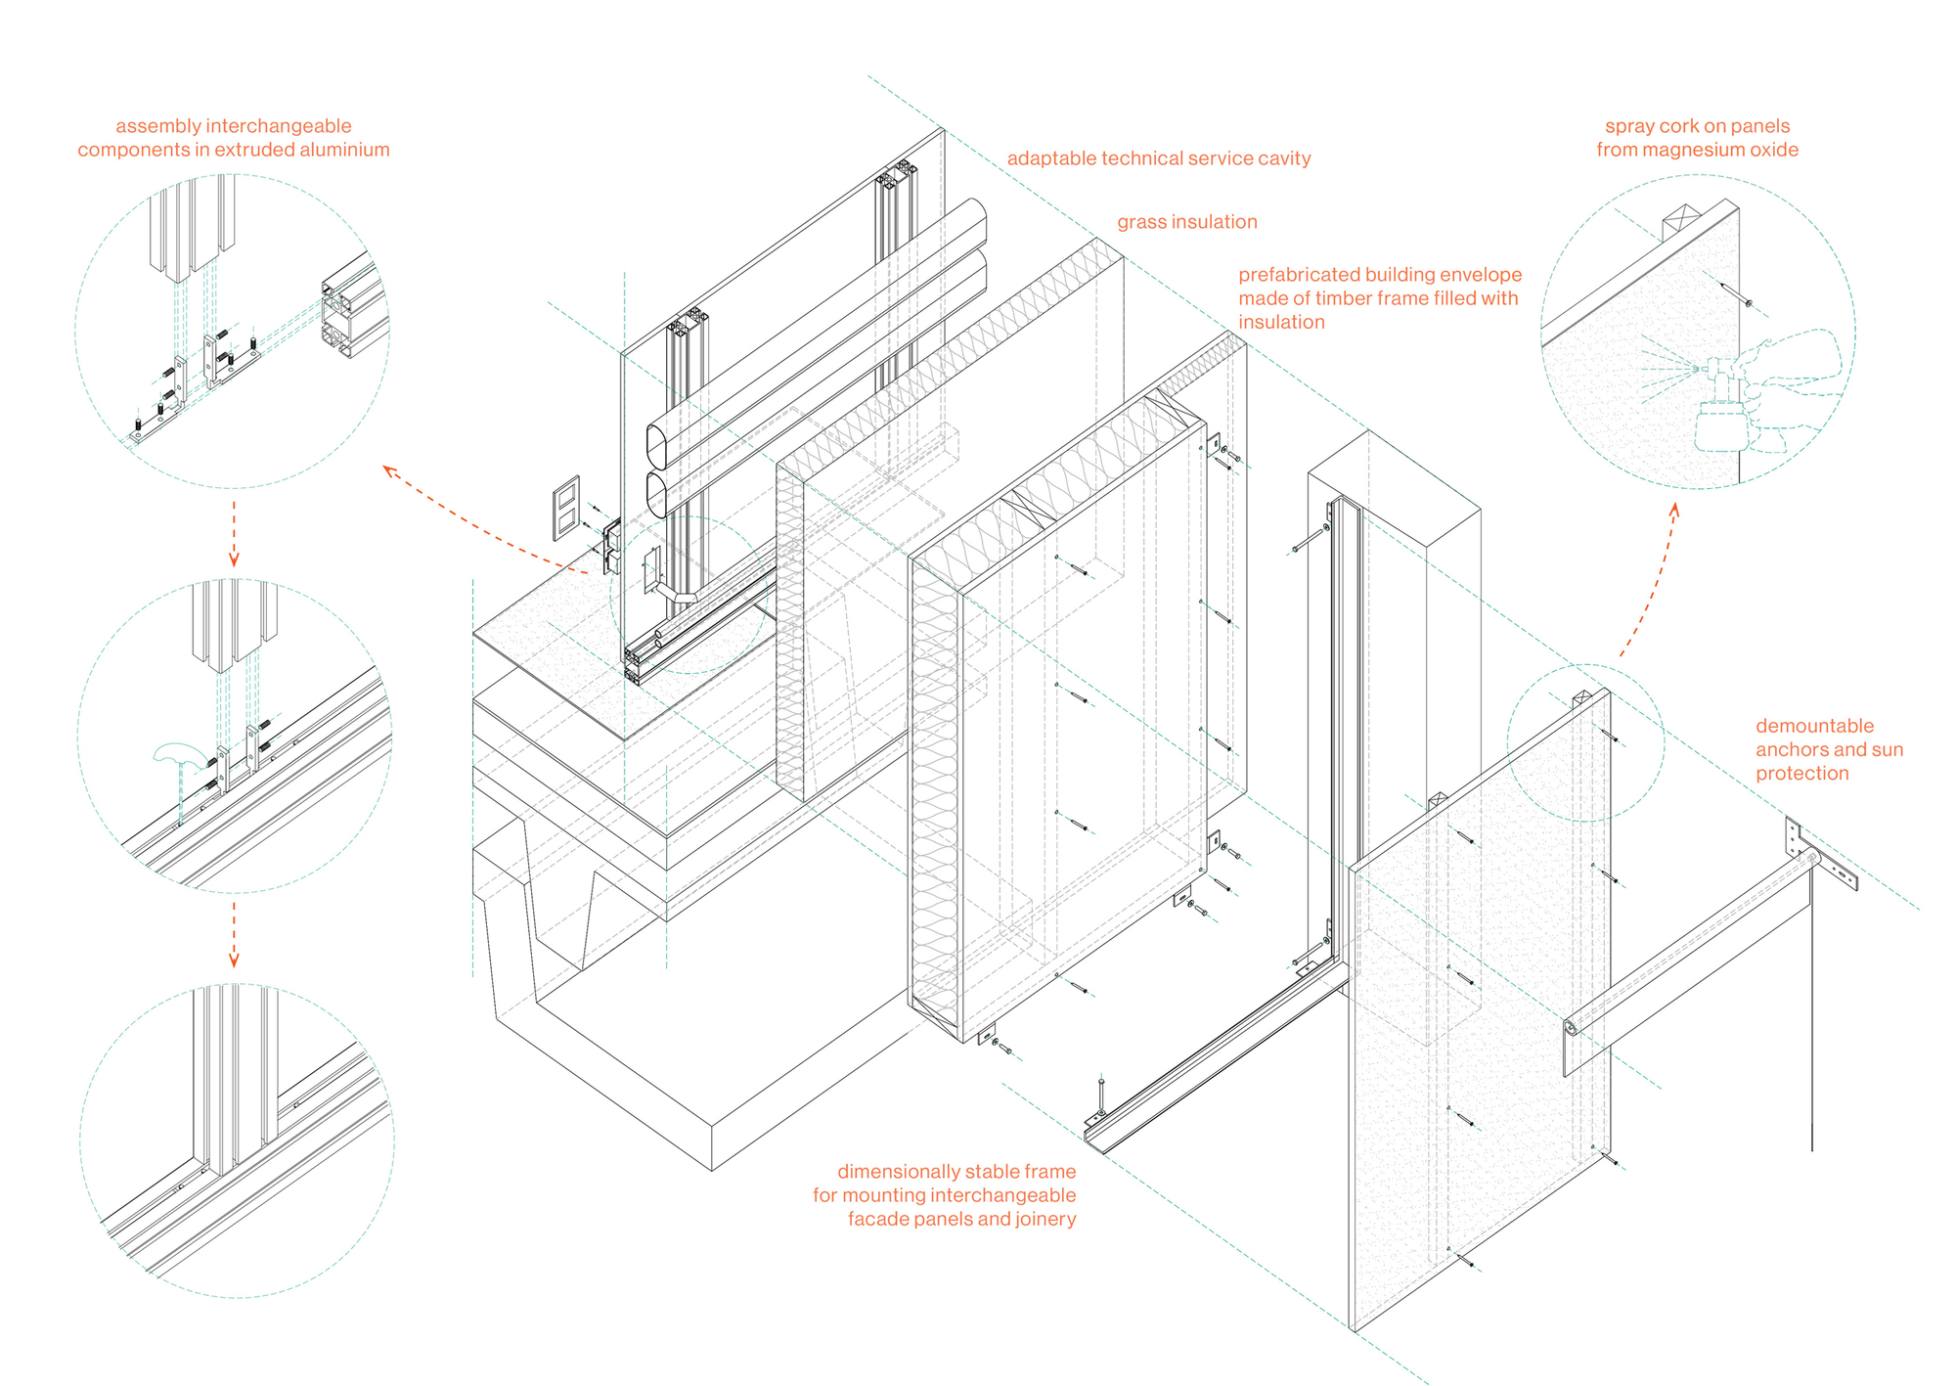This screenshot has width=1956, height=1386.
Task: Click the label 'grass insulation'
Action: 1187,222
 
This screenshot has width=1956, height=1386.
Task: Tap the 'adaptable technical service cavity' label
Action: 1159,158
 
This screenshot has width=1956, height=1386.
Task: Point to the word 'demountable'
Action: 1815,726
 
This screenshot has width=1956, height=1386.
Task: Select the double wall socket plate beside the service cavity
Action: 566,508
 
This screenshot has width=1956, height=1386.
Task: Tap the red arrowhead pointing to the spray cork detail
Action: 1673,510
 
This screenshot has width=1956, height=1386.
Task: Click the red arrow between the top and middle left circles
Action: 234,533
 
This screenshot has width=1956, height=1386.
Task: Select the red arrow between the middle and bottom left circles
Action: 234,934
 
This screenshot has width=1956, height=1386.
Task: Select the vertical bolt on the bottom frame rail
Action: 1101,1095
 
